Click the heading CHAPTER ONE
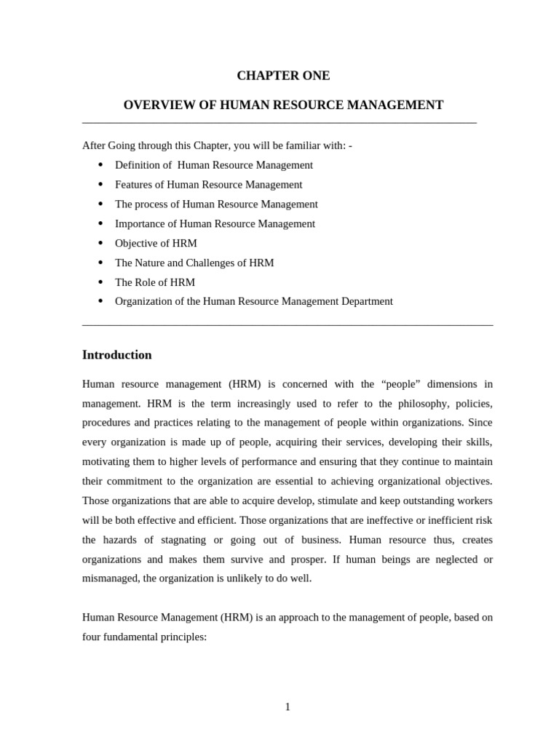pos(283,76)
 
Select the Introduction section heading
pos(117,355)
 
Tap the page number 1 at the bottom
pos(288,706)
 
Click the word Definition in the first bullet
pos(138,165)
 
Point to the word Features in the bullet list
pos(134,185)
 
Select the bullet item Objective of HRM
pos(156,243)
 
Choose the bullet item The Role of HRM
pos(154,282)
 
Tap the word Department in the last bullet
pos(366,301)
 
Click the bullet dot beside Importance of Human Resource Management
pos(100,223)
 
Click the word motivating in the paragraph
pos(106,461)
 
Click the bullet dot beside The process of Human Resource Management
pos(100,204)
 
